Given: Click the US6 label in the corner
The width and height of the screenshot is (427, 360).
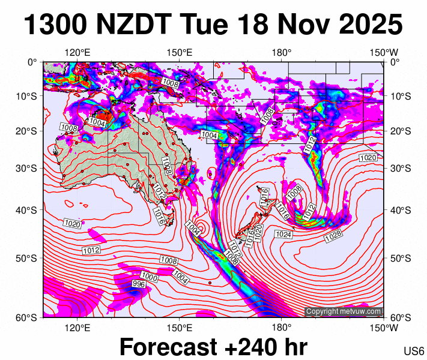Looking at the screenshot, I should coord(414,352).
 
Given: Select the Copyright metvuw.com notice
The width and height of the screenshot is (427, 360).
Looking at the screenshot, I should coord(344,311).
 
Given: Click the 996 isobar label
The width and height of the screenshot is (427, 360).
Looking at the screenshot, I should coord(139,284).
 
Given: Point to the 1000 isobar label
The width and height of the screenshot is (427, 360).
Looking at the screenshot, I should coord(150,278).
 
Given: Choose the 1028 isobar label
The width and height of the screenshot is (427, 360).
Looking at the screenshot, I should coord(333,238).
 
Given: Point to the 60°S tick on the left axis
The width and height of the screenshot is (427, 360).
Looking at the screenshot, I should coord(29,317).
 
